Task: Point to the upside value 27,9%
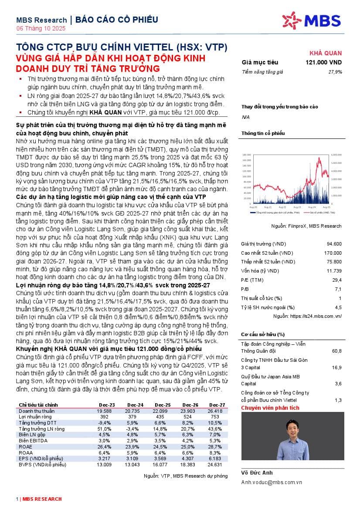(x=335, y=72)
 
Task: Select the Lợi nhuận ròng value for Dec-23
(x=105, y=417)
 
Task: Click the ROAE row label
(x=26, y=447)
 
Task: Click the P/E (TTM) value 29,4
(x=336, y=280)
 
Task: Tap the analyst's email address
(x=272, y=482)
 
